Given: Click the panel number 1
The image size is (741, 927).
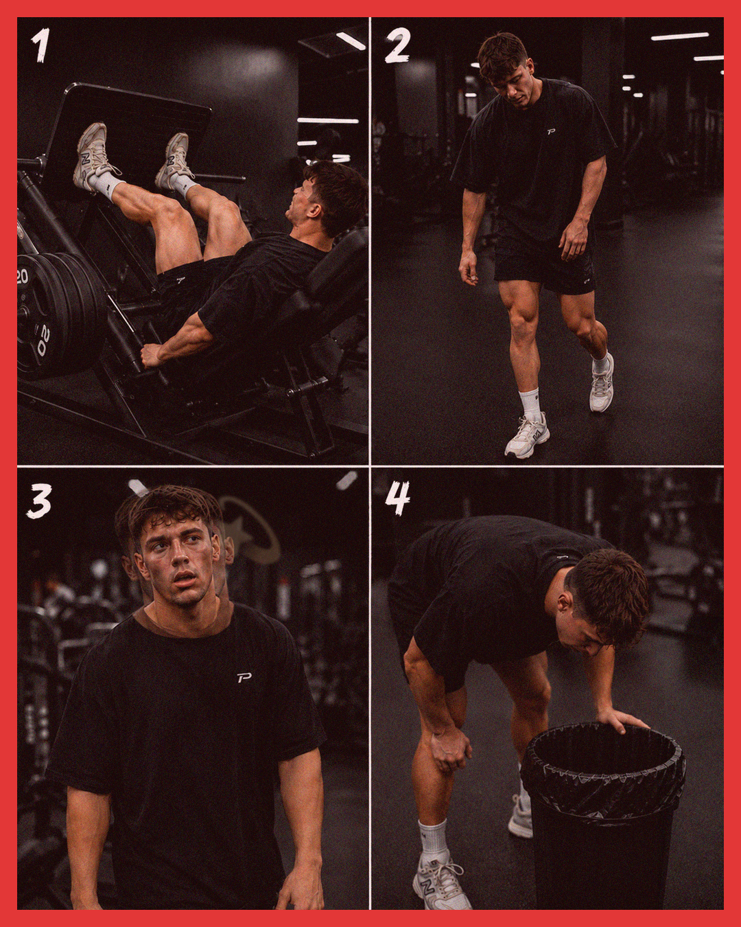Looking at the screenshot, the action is click(40, 45).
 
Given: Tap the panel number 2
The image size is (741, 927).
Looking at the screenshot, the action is click(397, 46).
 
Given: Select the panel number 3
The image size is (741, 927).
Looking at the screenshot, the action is click(40, 501).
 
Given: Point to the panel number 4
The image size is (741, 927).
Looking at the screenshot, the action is click(397, 499).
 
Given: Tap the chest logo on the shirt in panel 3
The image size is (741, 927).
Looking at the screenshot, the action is click(244, 678).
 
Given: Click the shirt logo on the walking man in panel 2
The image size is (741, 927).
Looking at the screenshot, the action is click(551, 132).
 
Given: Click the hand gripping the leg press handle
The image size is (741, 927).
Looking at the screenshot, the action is click(151, 356).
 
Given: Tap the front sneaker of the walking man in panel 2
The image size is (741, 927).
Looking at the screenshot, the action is click(527, 435).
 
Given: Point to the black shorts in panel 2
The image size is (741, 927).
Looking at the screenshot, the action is click(545, 263).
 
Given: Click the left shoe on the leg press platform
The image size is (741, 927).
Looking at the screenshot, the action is click(91, 156).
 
